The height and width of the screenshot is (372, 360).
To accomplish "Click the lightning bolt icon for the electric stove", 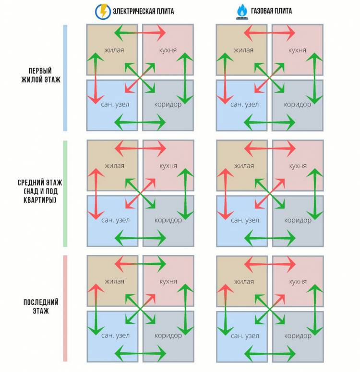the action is tap(103, 12).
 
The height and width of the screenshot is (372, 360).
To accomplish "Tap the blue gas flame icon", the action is tap(242, 12).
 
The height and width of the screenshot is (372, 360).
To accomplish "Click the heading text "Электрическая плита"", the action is tap(144, 11).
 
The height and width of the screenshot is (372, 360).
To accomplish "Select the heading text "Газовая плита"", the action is tap(271, 11).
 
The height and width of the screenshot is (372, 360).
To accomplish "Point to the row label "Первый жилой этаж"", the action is tap(41, 75).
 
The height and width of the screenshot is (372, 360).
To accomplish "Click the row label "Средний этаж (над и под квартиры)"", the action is tap(40, 191).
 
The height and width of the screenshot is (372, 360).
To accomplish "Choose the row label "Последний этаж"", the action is tap(41, 306).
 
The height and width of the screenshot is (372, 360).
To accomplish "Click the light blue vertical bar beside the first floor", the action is tap(65, 78).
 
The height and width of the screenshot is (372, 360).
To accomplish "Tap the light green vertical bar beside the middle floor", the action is tap(65, 194).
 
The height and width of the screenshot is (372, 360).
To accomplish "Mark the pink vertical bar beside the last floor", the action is tap(65, 309).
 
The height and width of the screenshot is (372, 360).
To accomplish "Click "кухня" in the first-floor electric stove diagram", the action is tap(168, 50).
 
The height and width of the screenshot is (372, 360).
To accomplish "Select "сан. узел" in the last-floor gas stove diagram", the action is tap(245, 335).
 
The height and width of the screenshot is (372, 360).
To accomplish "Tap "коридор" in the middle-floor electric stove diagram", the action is tap(168, 220).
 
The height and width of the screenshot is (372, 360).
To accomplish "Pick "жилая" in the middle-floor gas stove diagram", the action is tap(244, 166).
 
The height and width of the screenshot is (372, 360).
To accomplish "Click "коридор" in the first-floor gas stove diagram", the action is tap(298, 104).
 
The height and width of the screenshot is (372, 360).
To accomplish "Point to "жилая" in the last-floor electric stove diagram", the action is tap(114, 281).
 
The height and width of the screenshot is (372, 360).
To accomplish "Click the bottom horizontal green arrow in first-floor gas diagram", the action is tap(269, 123).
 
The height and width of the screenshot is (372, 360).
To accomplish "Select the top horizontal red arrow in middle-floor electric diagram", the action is tap(140, 149).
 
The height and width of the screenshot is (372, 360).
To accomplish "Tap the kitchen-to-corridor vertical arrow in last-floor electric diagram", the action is tap(185, 310).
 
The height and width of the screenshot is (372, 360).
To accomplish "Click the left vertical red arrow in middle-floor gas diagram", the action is tap(226, 194).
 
